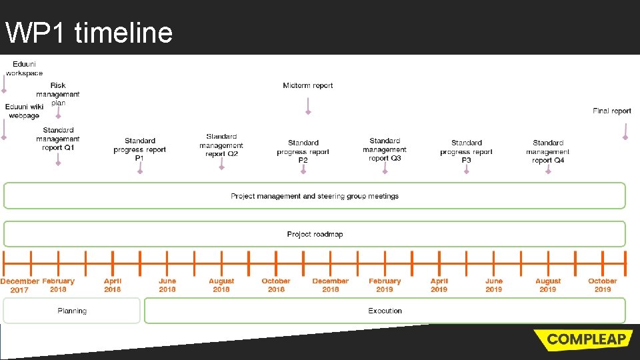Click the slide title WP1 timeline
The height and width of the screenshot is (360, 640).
click(89, 32)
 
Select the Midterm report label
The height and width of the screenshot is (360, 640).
click(307, 85)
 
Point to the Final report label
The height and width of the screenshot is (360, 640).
click(611, 111)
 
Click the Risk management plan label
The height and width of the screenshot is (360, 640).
click(58, 94)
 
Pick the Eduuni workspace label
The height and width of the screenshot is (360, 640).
click(24, 68)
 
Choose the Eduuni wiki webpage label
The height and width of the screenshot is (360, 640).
click(24, 111)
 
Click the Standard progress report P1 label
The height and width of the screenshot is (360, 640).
click(139, 149)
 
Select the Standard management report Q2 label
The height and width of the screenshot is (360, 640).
click(221, 145)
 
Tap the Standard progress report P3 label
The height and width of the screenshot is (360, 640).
click(466, 151)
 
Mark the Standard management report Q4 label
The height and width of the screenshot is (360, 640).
click(548, 151)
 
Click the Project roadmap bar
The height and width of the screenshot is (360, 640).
click(315, 234)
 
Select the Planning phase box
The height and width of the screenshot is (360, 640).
click(72, 311)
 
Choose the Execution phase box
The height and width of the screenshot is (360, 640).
click(385, 311)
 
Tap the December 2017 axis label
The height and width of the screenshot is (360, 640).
click(19, 285)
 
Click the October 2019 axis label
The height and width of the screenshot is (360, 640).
click(603, 285)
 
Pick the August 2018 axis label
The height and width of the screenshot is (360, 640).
click(221, 285)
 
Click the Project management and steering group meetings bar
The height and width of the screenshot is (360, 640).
click(315, 196)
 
